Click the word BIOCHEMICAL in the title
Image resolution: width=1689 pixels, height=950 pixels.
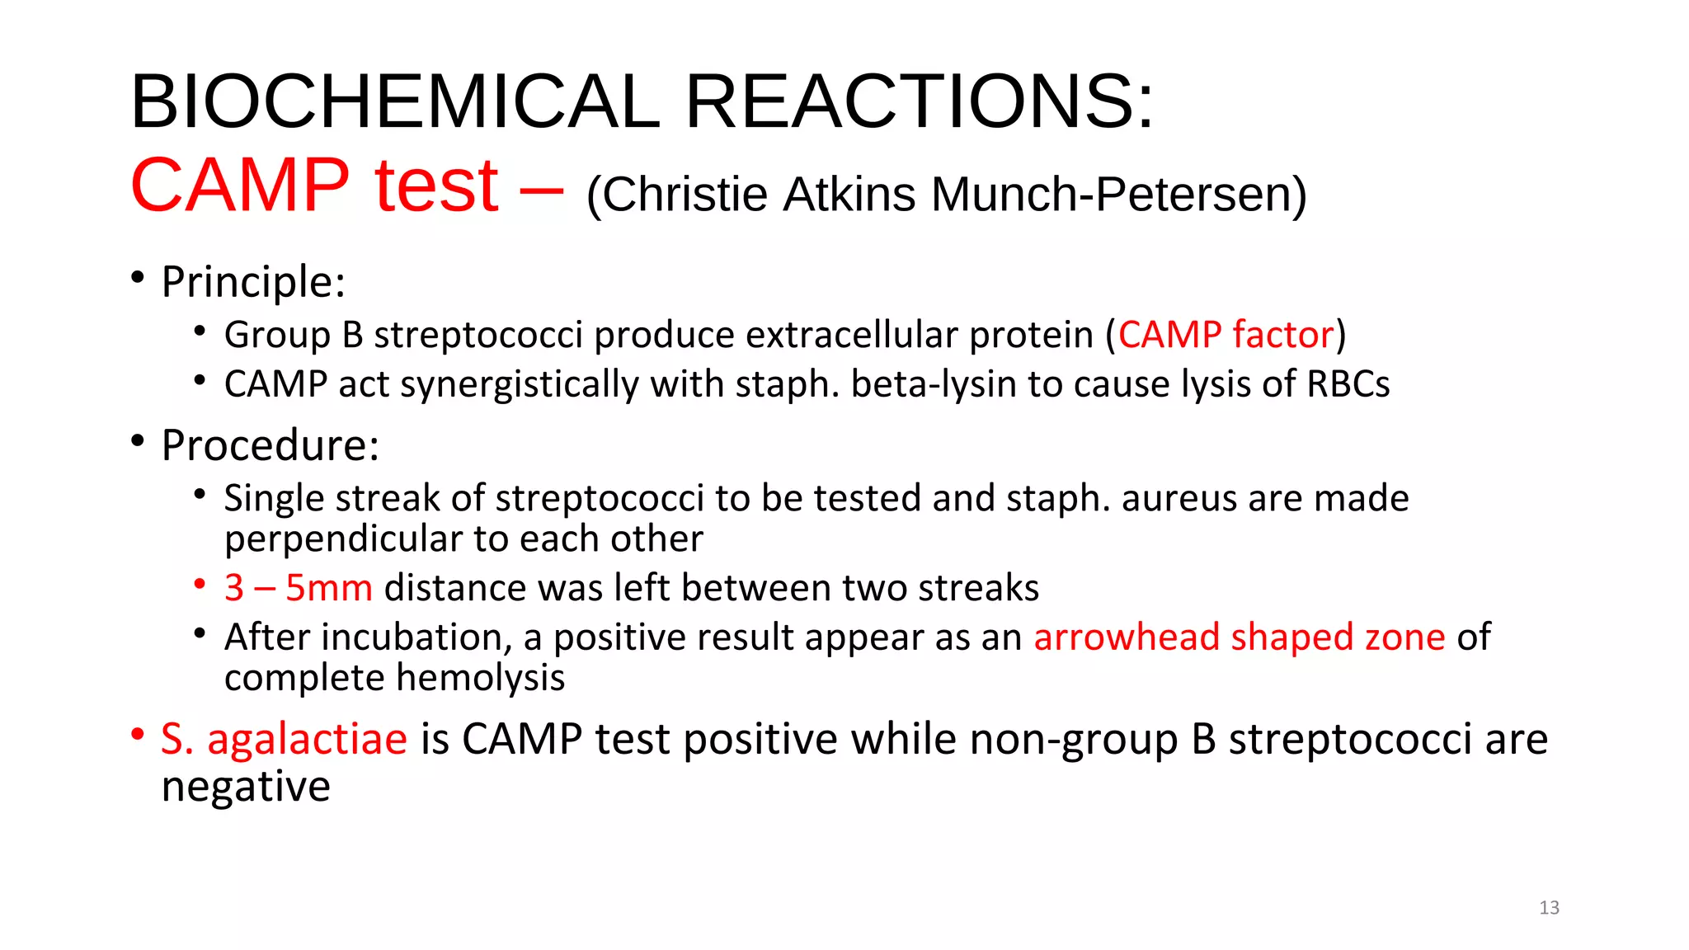tap(395, 101)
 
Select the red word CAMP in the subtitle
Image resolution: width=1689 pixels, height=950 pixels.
tap(240, 185)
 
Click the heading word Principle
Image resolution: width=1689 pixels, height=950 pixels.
tap(252, 282)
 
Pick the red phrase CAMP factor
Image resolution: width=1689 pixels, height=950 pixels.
tap(1226, 335)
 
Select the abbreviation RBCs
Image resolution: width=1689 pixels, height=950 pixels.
tap(1348, 384)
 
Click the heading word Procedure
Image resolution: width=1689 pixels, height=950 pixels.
tap(270, 445)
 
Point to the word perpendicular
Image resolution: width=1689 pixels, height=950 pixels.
tap(343, 538)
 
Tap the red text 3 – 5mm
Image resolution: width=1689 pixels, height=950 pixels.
tap(298, 588)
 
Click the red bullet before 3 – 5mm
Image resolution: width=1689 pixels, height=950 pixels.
tap(200, 585)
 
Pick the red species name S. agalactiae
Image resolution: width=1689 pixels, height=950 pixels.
tap(284, 739)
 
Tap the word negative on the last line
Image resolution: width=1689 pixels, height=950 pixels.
tap(246, 786)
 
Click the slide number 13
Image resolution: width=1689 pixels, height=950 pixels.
tap(1549, 908)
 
